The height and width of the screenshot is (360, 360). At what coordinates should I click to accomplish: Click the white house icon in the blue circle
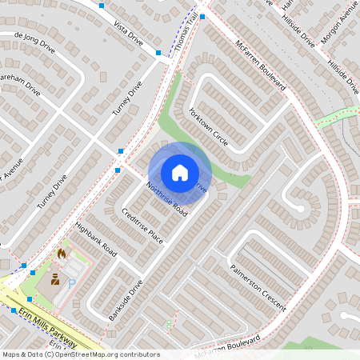[180, 172]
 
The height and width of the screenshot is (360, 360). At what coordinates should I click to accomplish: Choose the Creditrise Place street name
[142, 227]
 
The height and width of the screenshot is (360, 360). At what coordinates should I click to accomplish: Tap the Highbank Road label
[95, 239]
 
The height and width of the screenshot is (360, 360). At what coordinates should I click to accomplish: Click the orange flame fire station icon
[62, 254]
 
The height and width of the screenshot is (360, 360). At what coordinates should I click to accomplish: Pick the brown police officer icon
[55, 279]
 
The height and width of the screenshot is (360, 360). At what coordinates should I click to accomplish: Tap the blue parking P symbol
[71, 283]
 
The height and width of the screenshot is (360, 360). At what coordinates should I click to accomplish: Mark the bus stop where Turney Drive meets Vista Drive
[158, 53]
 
